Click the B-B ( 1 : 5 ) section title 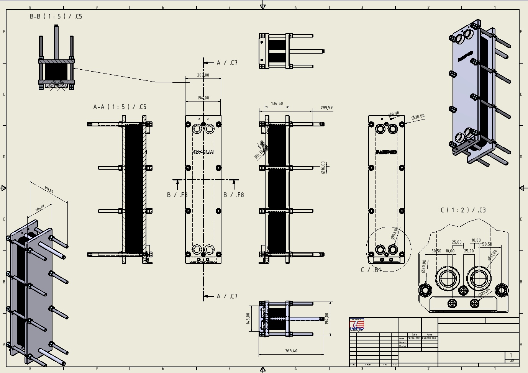(56, 16)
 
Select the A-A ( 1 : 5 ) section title (120, 107)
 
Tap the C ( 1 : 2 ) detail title (463, 210)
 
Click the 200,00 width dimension (203, 75)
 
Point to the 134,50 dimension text (277, 103)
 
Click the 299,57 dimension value (326, 108)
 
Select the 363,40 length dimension (291, 351)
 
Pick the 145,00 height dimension (248, 318)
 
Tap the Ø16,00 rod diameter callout (323, 167)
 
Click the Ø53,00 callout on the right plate (394, 233)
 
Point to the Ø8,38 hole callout (394, 114)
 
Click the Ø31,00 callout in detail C (492, 255)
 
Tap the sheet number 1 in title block (510, 355)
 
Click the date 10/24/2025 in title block (414, 338)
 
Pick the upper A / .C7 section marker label (227, 63)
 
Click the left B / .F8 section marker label (177, 195)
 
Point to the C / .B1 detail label (371, 270)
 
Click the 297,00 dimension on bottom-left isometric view (49, 189)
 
